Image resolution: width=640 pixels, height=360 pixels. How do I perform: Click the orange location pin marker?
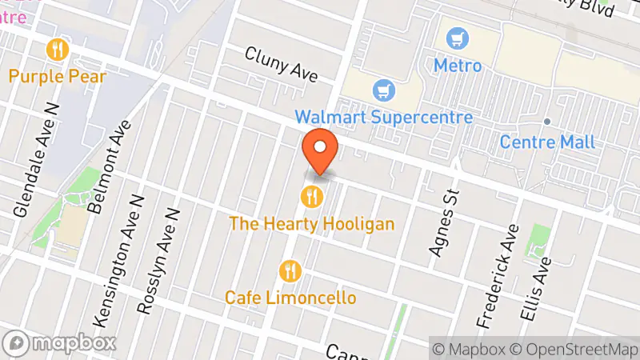click(x=320, y=149)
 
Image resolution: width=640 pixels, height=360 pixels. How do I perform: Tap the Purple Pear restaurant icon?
click(x=58, y=50)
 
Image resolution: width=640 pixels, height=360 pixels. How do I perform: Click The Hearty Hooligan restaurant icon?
click(x=311, y=195)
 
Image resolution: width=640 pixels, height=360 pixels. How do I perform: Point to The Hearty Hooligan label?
click(x=311, y=223)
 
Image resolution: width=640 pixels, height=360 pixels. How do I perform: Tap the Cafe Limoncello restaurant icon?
click(x=290, y=270)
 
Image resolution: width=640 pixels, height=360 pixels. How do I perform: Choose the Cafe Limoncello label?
click(x=290, y=297)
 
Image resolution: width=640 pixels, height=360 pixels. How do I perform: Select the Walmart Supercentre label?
click(x=384, y=117)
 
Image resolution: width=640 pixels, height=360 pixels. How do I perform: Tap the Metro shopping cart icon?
click(x=458, y=38)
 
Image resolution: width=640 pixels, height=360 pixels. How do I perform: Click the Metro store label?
click(x=458, y=65)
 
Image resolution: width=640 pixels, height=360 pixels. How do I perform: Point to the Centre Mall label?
click(x=547, y=142)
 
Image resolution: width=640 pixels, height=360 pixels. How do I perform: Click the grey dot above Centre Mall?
click(x=547, y=122)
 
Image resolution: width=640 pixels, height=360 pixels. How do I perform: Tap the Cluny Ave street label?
click(x=281, y=64)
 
